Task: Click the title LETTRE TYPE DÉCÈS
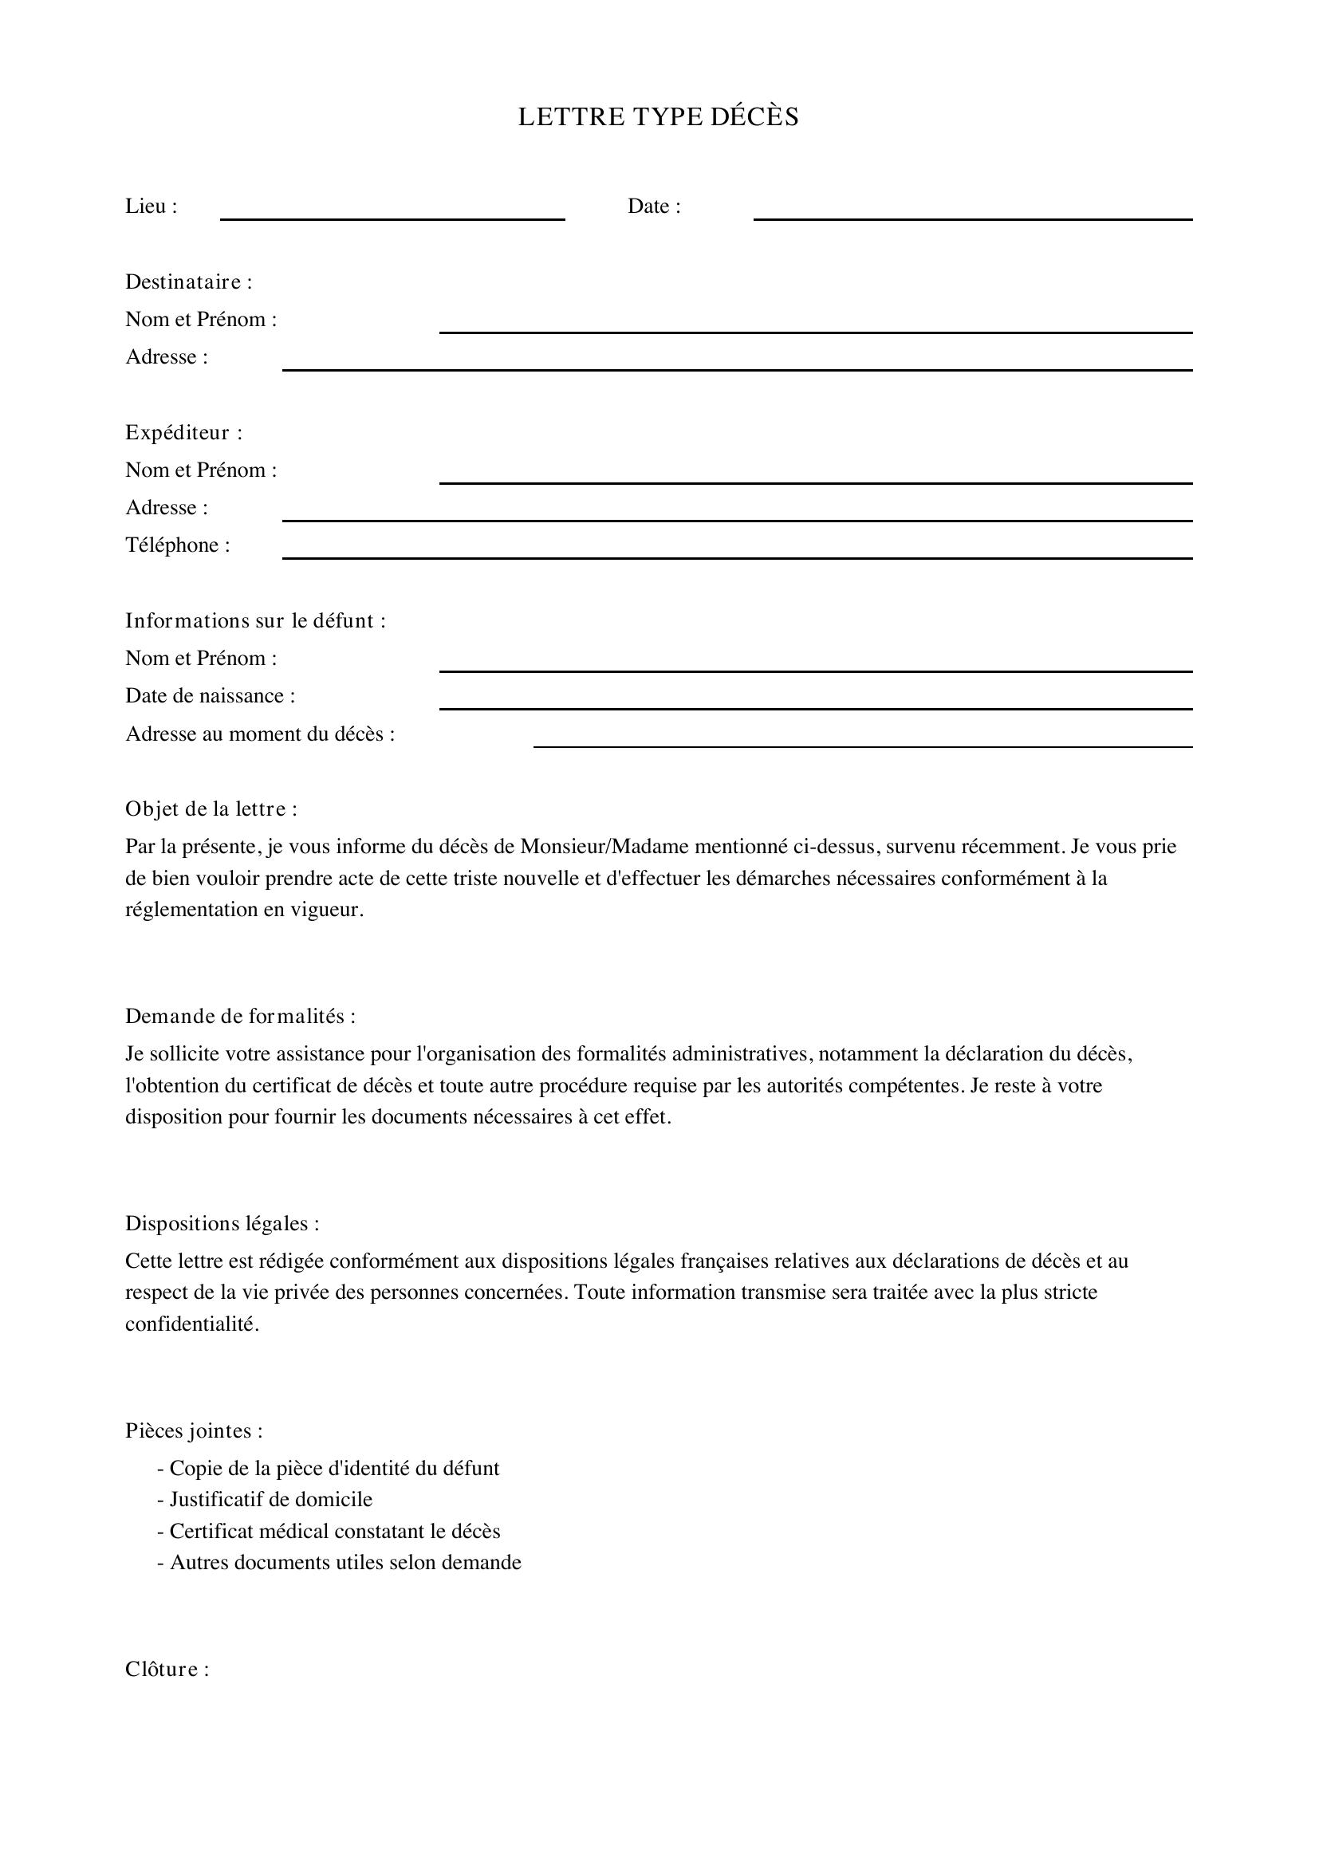[x=658, y=117]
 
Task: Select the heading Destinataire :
[x=188, y=281]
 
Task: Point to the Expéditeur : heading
[x=183, y=432]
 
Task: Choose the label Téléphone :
[x=177, y=545]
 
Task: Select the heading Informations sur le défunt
[x=255, y=620]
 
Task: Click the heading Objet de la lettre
[x=211, y=809]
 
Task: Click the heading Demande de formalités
[x=240, y=1016]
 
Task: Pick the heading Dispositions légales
[x=222, y=1223]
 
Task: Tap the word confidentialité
[x=191, y=1324]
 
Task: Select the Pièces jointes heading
[x=193, y=1430]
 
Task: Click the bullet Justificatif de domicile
[x=265, y=1500]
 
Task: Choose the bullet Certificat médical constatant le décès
[x=329, y=1531]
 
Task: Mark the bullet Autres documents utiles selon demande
[x=340, y=1562]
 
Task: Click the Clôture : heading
[x=167, y=1669]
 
